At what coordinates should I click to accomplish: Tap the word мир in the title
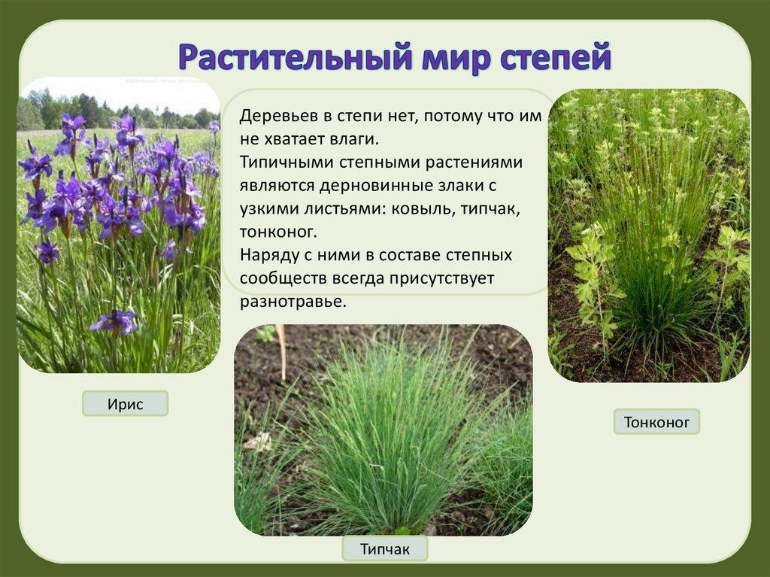(x=456, y=58)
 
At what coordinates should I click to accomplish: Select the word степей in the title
(x=556, y=58)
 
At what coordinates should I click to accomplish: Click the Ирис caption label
(x=126, y=404)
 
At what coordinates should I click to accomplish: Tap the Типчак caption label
(x=384, y=548)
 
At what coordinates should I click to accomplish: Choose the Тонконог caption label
(x=656, y=422)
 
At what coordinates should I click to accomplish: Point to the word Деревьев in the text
(x=278, y=117)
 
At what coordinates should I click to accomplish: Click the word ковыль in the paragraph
(x=417, y=209)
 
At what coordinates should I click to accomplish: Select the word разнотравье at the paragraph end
(x=293, y=302)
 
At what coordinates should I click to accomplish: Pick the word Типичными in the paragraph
(x=286, y=162)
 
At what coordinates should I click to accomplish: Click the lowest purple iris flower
(x=115, y=321)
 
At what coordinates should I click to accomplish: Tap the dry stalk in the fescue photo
(x=281, y=351)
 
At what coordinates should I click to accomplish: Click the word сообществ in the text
(x=283, y=278)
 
